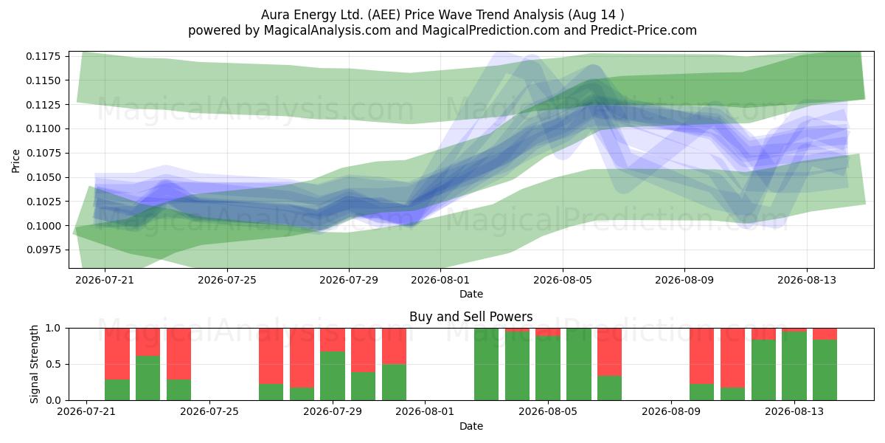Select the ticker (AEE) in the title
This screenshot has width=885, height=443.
pyautogui.click(x=382, y=15)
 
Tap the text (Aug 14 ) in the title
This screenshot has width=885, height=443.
pyautogui.click(x=596, y=15)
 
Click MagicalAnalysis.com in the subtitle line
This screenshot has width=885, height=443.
pyautogui.click(x=327, y=30)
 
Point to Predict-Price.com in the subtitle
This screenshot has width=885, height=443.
pyautogui.click(x=644, y=30)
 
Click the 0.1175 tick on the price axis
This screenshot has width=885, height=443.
pyautogui.click(x=43, y=56)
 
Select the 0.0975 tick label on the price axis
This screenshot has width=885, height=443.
pyautogui.click(x=43, y=250)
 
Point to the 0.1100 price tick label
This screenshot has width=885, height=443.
pyautogui.click(x=43, y=129)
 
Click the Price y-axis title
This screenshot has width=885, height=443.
pyautogui.click(x=15, y=161)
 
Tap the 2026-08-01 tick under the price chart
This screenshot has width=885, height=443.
pyautogui.click(x=440, y=280)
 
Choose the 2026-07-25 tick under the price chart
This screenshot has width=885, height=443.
pyautogui.click(x=227, y=280)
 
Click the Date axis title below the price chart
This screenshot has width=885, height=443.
pyautogui.click(x=471, y=294)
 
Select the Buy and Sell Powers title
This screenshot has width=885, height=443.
pyautogui.click(x=471, y=317)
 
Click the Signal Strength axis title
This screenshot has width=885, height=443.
pyautogui.click(x=35, y=364)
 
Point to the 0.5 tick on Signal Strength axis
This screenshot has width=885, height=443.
pyautogui.click(x=53, y=364)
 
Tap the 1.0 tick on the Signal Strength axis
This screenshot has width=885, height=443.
pyautogui.click(x=53, y=328)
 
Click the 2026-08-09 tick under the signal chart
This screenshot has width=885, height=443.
pyautogui.click(x=671, y=411)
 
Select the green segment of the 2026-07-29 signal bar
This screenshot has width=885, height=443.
pyautogui.click(x=333, y=376)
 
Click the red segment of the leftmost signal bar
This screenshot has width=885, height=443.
pyautogui.click(x=117, y=354)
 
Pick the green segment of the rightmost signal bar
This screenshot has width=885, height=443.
pyautogui.click(x=825, y=370)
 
